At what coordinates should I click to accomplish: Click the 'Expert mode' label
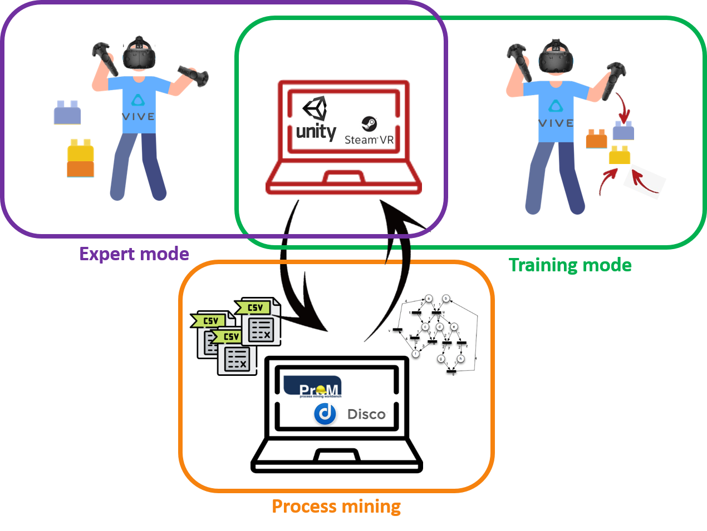pyautogui.click(x=134, y=254)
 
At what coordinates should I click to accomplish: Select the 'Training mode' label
pyautogui.click(x=570, y=265)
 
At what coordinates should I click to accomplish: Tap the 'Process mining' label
pyautogui.click(x=336, y=507)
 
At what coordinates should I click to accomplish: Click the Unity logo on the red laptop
pyautogui.click(x=316, y=120)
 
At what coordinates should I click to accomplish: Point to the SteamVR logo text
pyautogui.click(x=369, y=140)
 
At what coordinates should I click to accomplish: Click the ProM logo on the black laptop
pyautogui.click(x=313, y=387)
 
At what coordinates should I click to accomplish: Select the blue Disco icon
pyautogui.click(x=325, y=414)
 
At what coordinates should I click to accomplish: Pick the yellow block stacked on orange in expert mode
pyautogui.click(x=81, y=151)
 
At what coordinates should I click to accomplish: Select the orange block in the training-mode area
pyautogui.click(x=596, y=139)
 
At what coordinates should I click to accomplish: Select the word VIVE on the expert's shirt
pyautogui.click(x=138, y=117)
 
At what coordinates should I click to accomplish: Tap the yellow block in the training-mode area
pyautogui.click(x=620, y=155)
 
